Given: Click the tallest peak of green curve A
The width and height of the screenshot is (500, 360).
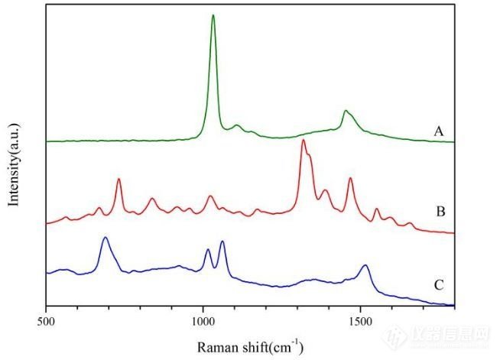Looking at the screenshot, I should [x=213, y=15].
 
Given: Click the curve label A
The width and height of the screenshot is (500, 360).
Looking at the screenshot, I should [x=439, y=131].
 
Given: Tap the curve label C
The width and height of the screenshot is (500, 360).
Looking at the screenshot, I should [x=439, y=285].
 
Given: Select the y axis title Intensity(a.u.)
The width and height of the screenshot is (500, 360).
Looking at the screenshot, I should [x=14, y=162].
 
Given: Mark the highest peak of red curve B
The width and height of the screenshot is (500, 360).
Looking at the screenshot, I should [x=304, y=141].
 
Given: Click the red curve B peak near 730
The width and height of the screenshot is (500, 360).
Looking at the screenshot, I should [x=119, y=179].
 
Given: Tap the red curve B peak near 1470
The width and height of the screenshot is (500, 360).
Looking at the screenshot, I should [x=350, y=178].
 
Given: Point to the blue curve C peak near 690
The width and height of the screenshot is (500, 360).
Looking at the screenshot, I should [x=105, y=238].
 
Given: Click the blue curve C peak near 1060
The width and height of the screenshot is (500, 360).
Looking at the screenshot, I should [x=222, y=242].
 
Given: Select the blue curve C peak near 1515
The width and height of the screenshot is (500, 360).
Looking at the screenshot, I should [x=365, y=265].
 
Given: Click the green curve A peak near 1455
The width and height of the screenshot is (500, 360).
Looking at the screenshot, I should [x=346, y=112].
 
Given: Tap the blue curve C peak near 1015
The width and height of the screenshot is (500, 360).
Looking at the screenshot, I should [x=207, y=250].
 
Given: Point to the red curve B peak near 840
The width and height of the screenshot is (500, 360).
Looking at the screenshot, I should [x=152, y=199].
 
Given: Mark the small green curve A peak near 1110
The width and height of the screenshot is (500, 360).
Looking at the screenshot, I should [x=237, y=125].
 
